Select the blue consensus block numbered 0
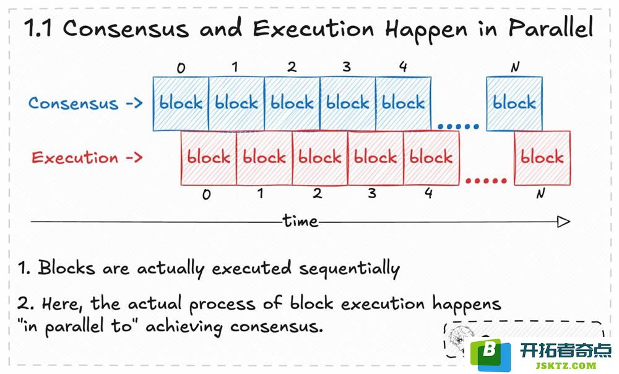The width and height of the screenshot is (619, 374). point(181,103)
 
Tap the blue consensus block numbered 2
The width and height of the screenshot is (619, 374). point(292,103)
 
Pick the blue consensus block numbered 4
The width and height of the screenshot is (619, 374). point(404,103)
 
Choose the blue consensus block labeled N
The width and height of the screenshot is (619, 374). point(514,103)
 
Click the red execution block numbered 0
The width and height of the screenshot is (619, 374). point(209,158)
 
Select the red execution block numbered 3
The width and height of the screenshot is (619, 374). point(376,158)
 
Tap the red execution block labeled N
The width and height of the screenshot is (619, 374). point(542,158)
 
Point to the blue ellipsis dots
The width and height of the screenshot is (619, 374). point(458,127)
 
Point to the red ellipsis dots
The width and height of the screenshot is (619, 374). point(486,181)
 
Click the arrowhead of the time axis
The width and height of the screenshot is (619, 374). point(564,222)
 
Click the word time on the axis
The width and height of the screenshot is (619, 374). point(300,221)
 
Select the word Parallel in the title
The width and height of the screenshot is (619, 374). point(551,28)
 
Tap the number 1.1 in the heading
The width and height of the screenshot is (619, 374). point(38,28)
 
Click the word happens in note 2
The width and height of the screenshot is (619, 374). point(467,305)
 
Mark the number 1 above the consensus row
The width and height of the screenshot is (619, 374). point(235,67)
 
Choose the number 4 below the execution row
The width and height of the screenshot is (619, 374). point(429,193)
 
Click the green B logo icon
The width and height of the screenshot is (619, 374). point(490,354)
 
